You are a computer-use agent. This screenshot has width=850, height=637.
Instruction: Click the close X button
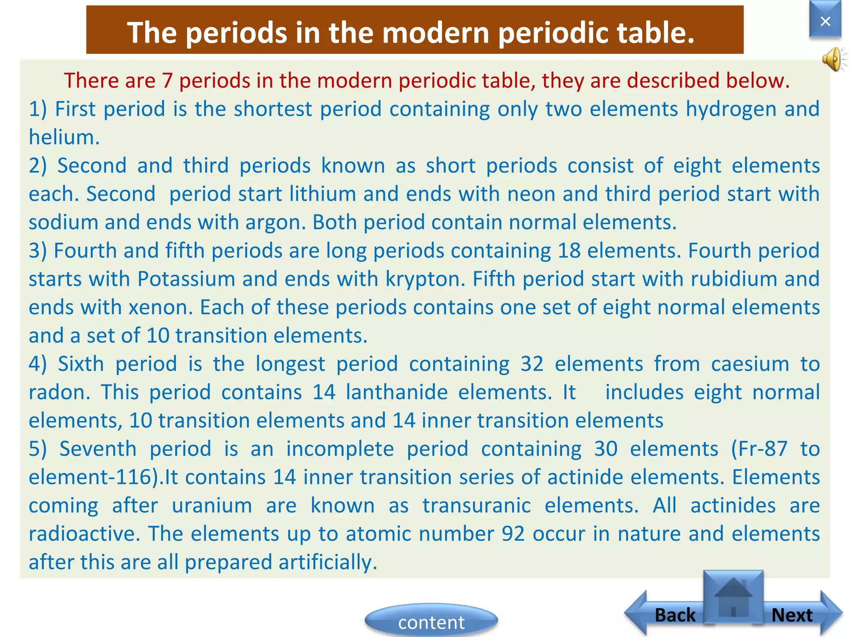pos(825,21)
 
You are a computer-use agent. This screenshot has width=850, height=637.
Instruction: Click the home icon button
pos(733,597)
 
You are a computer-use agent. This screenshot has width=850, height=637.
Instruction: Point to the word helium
pos(63,138)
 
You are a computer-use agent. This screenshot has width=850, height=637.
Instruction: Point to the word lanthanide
pos(396,392)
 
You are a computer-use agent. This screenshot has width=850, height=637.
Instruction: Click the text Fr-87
pos(759,449)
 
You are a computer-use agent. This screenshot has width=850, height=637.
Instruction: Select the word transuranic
pos(476,506)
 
